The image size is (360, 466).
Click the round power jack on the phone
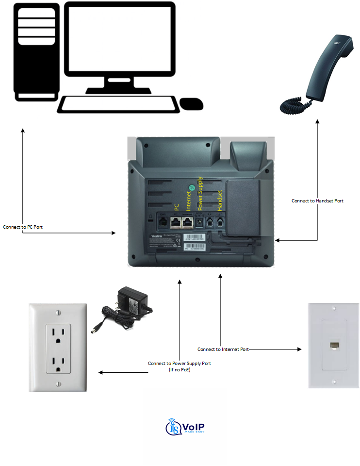(x=199, y=222)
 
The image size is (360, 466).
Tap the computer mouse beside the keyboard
(x=191, y=103)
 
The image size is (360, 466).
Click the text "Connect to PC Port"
(x=22, y=227)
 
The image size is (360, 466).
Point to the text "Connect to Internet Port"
(x=223, y=349)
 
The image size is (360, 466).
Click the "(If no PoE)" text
(x=179, y=370)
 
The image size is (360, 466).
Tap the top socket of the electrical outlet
(x=58, y=335)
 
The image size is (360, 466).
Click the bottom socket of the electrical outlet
(x=58, y=363)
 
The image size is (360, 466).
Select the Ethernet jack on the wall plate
(x=333, y=346)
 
